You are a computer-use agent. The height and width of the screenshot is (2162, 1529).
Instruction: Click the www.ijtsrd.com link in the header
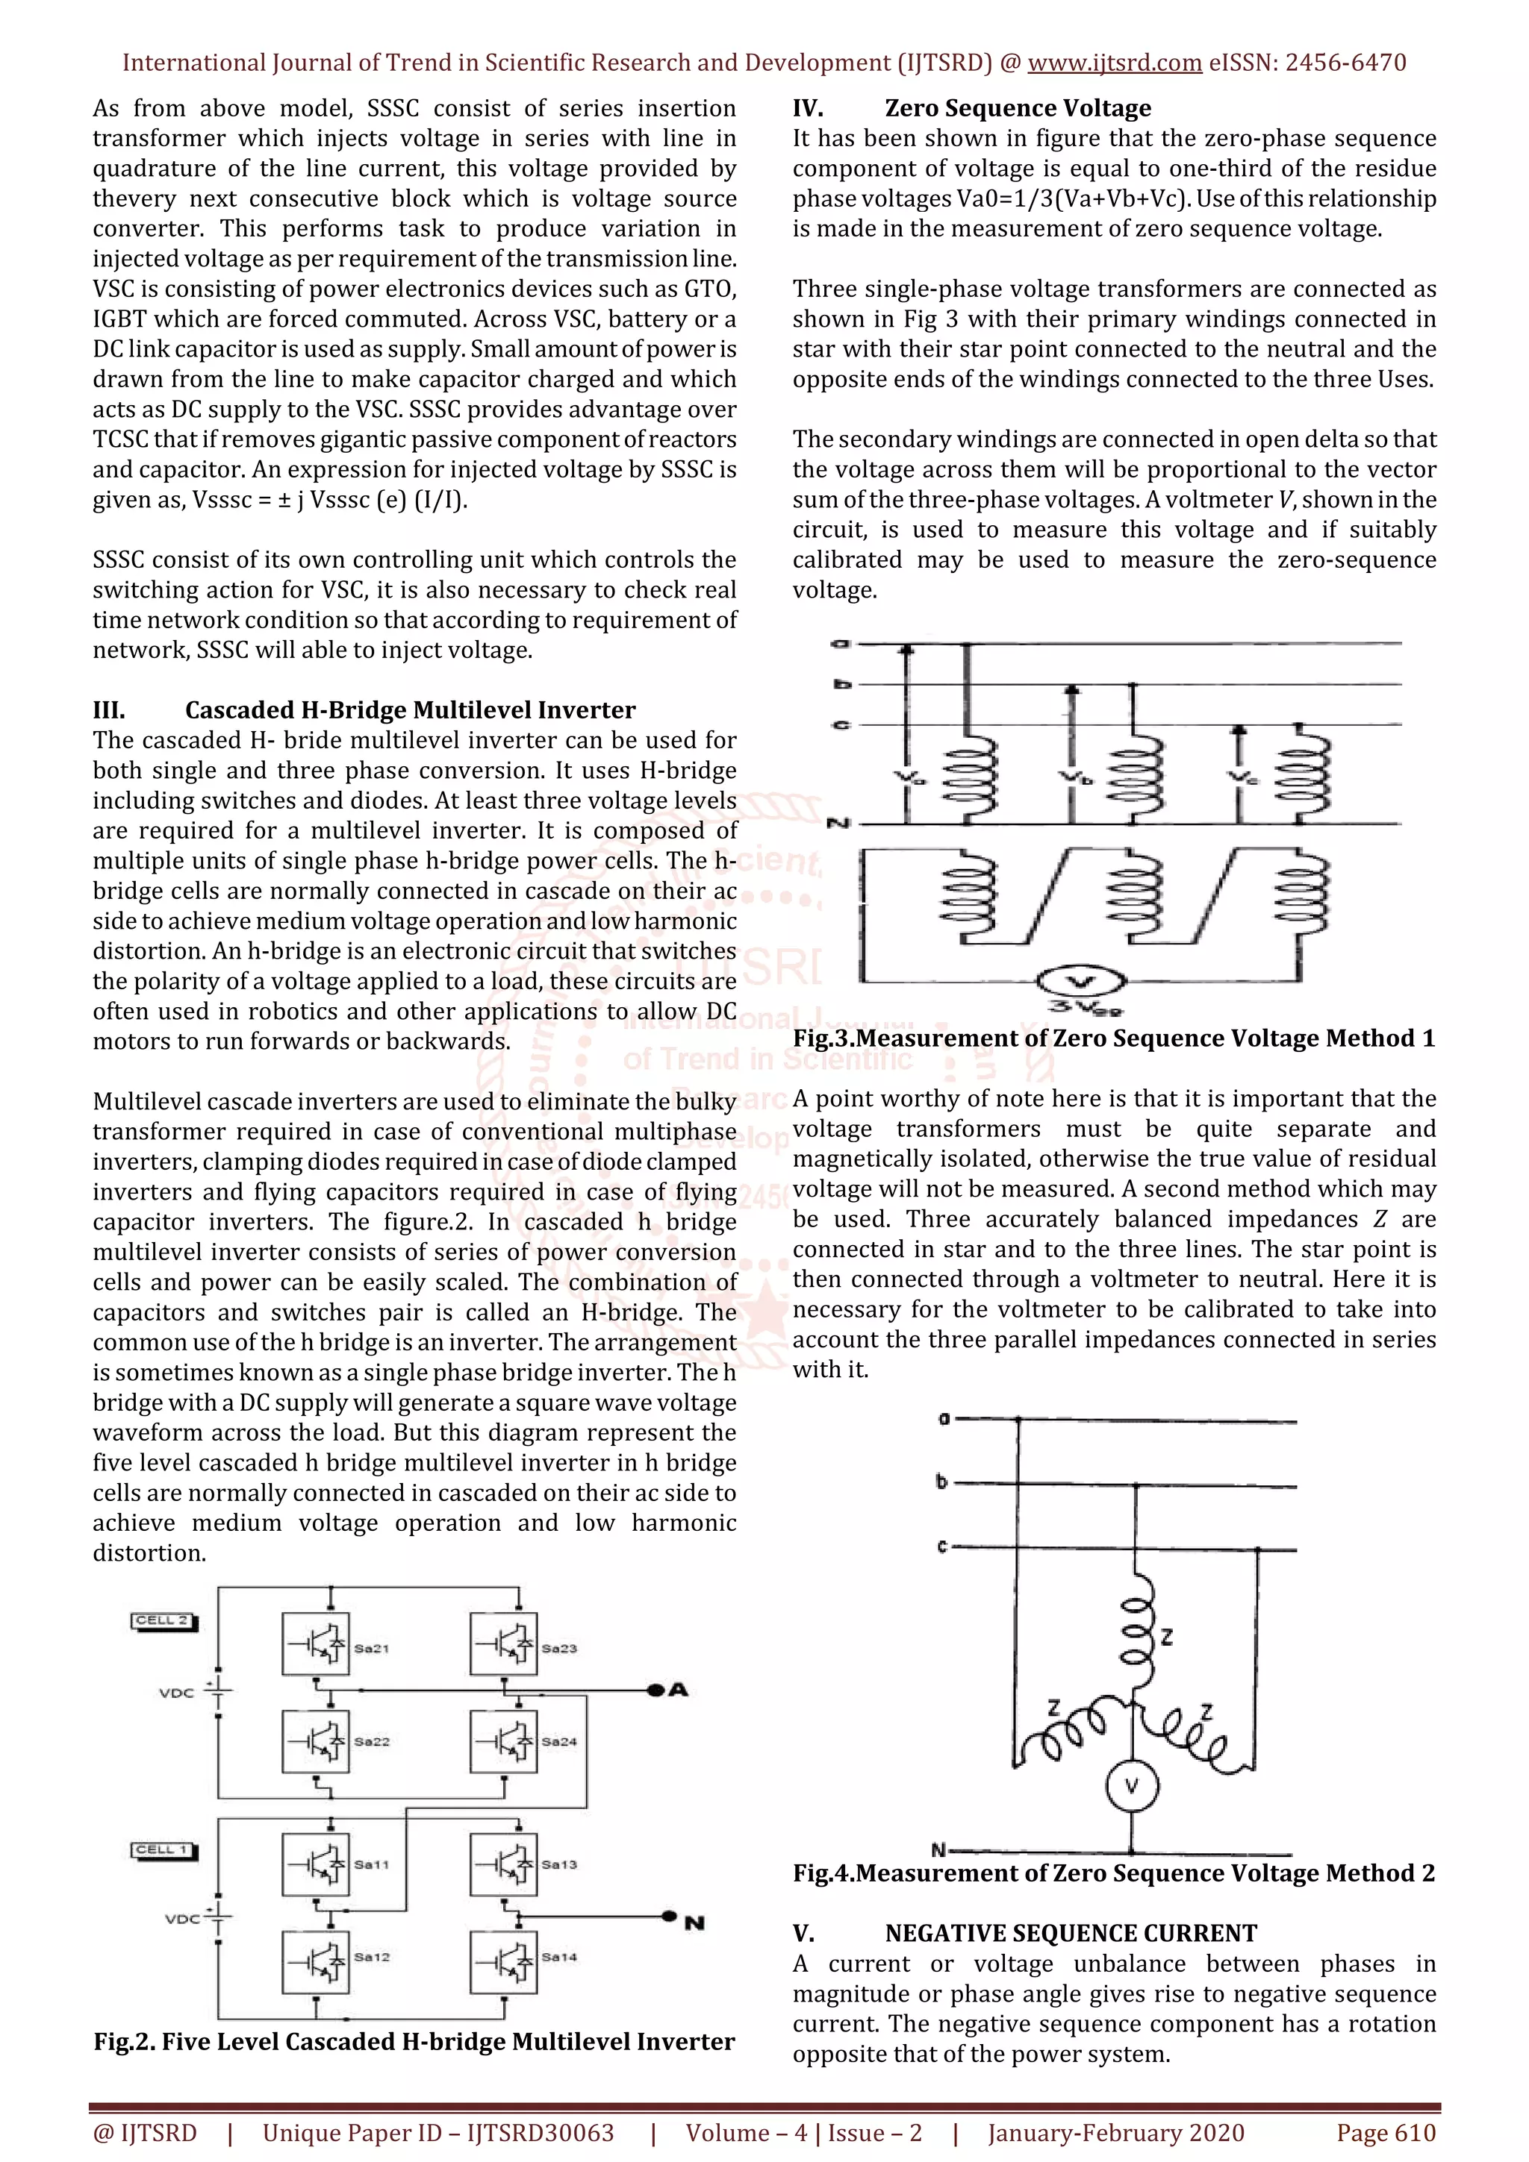tap(1115, 63)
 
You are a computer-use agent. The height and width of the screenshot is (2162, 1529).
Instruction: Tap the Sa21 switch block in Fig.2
tap(316, 1644)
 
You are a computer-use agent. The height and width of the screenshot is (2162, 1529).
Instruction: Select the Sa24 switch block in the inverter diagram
tap(503, 1741)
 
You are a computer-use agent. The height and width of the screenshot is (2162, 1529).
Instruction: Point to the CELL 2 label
tap(163, 1620)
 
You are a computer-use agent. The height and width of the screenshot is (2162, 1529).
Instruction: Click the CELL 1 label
tap(163, 1850)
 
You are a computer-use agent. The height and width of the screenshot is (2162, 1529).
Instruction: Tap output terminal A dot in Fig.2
tap(655, 1691)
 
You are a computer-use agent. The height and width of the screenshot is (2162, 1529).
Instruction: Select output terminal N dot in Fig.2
tap(669, 1915)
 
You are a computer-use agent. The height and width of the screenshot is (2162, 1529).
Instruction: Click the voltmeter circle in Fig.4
tap(1133, 1786)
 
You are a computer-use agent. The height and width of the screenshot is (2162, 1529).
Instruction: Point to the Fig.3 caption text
tap(1114, 1038)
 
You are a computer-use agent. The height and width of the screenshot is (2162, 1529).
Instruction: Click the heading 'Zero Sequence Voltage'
tap(1018, 108)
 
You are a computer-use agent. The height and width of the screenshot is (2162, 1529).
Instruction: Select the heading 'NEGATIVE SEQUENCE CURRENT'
tap(1070, 1933)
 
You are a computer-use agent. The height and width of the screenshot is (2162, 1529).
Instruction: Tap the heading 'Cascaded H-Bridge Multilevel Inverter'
tap(410, 710)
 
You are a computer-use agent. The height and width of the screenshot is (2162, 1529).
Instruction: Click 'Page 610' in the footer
tap(1386, 2133)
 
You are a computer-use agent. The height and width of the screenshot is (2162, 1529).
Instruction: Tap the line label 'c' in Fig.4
tap(941, 1547)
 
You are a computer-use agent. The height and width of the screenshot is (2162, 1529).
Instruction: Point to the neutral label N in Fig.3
tap(838, 824)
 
